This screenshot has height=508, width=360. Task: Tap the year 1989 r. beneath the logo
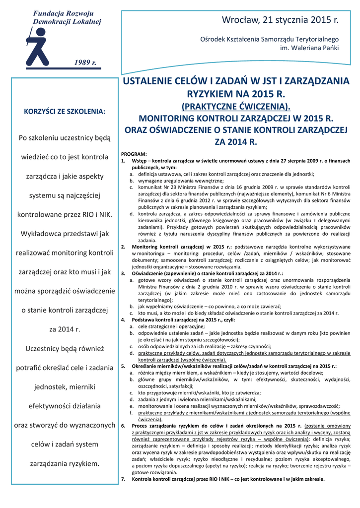pyautogui.click(x=85, y=62)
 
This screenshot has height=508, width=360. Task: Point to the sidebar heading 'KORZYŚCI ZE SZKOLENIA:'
pyautogui.click(x=65, y=111)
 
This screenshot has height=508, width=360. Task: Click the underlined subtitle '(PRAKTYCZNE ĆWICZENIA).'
pyautogui.click(x=235, y=106)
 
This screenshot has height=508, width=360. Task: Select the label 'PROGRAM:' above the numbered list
pyautogui.click(x=134, y=154)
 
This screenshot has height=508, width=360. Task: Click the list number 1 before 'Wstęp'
pyautogui.click(x=123, y=161)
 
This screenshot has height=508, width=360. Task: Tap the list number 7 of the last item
pyautogui.click(x=123, y=479)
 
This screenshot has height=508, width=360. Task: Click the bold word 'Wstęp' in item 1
pyautogui.click(x=139, y=161)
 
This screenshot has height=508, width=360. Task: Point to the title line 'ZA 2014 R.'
pyautogui.click(x=235, y=142)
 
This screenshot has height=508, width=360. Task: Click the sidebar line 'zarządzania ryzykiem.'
pyautogui.click(x=65, y=464)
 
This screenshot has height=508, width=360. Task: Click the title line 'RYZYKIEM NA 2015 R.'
pyautogui.click(x=235, y=94)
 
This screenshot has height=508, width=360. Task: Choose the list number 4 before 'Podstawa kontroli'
pyautogui.click(x=123, y=320)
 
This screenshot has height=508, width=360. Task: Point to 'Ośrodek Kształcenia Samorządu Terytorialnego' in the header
pyautogui.click(x=269, y=39)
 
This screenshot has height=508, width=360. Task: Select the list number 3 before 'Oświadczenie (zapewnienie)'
pyautogui.click(x=123, y=273)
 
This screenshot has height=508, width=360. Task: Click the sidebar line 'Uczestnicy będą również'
pyautogui.click(x=65, y=348)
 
